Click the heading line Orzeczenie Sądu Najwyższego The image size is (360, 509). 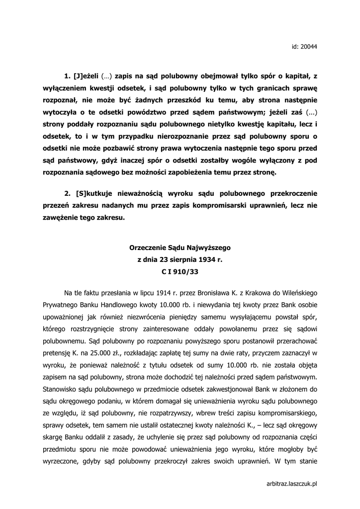[x=180, y=247]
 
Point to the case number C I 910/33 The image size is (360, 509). [x=180, y=272]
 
